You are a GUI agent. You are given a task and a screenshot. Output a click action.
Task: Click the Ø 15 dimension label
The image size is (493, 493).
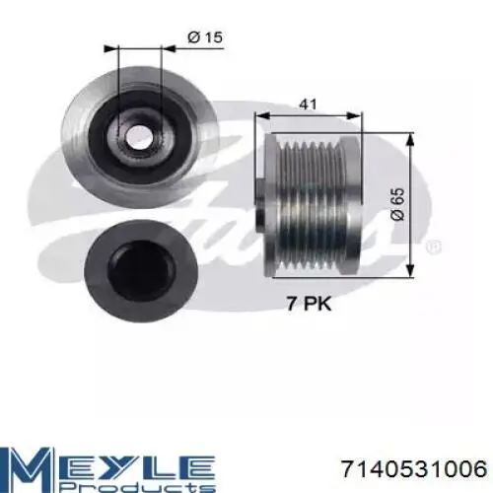(205, 37)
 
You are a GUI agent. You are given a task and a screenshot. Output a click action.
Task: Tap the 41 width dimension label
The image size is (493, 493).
(309, 105)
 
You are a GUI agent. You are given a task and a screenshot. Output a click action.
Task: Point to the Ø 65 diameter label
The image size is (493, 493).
(397, 204)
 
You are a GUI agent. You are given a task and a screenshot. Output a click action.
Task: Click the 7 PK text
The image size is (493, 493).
(309, 304)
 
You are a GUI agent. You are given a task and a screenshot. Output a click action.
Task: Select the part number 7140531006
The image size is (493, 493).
(414, 468)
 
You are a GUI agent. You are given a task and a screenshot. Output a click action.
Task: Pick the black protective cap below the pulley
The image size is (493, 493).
(141, 271)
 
